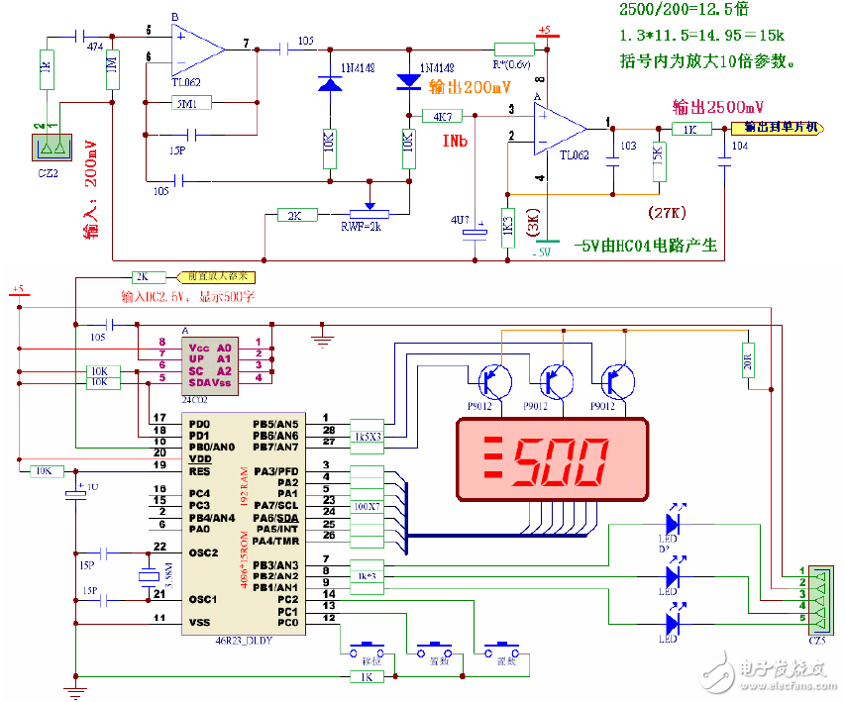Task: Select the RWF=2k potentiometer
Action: (x=370, y=214)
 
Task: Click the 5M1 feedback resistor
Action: (x=185, y=103)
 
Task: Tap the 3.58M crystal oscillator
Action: (x=149, y=577)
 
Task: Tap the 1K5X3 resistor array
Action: (x=368, y=436)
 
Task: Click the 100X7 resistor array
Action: (x=368, y=506)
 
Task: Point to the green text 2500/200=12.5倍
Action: (x=684, y=11)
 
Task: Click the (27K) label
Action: (x=667, y=212)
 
